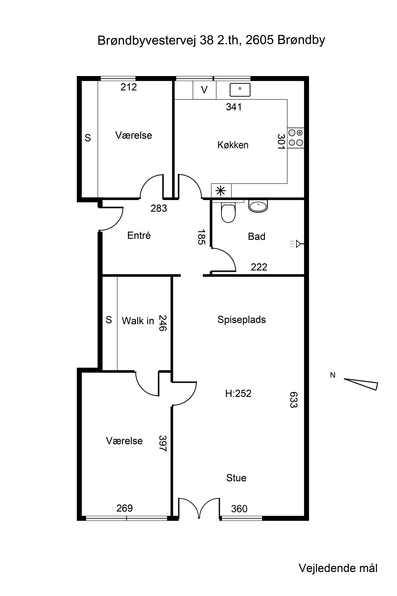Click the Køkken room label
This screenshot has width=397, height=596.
tap(233, 145)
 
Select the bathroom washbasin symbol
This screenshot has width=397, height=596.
tap(258, 206)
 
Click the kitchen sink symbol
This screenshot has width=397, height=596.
tap(240, 90)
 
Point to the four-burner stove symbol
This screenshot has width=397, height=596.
tap(296, 138)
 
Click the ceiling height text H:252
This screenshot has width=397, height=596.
tap(238, 393)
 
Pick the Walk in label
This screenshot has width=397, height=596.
tap(138, 321)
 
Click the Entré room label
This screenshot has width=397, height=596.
tap(139, 235)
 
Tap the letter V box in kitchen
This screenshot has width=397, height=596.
tap(204, 90)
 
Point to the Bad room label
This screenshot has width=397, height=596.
tap(256, 236)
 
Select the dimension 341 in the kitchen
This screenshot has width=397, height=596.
tap(234, 107)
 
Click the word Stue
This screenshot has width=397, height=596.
tap(236, 478)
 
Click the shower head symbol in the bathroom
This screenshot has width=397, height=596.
tap(297, 244)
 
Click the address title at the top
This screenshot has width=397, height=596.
tap(211, 40)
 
